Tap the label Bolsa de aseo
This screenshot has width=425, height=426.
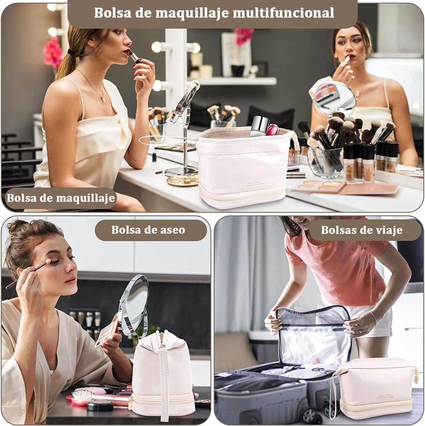coord(148,230)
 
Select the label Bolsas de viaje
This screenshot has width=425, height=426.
coord(361,230)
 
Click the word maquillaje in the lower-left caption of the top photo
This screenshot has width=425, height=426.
coord(85,198)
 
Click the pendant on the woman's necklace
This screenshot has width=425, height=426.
coord(103,99)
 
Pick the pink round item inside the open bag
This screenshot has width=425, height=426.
coord(273,130)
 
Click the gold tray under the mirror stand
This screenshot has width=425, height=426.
coord(183,180)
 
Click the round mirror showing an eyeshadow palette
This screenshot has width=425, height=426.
coord(334,98)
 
